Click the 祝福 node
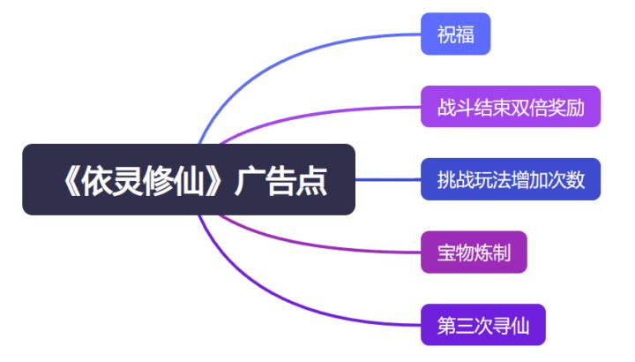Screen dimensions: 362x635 click(455, 34)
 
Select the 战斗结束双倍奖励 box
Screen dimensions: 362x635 click(511, 107)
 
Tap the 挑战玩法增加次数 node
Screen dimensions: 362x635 click(511, 179)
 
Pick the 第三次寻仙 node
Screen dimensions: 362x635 click(483, 325)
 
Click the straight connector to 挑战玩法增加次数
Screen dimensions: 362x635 click(388, 179)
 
